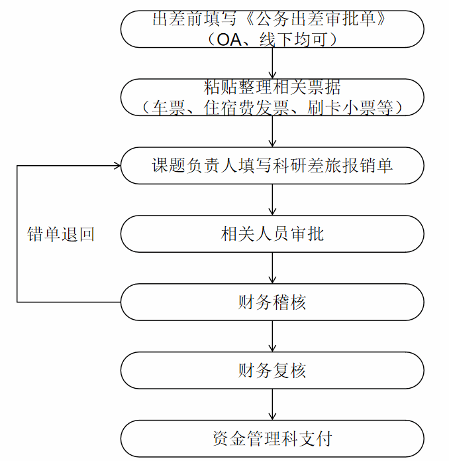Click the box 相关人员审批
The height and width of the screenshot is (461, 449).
pyautogui.click(x=272, y=233)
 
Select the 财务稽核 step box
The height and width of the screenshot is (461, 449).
pyautogui.click(x=272, y=302)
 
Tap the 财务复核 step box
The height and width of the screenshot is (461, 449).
pyautogui.click(x=272, y=370)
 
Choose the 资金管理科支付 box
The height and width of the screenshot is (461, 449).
pyautogui.click(x=272, y=438)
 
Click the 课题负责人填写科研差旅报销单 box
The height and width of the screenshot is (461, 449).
pyautogui.click(x=272, y=166)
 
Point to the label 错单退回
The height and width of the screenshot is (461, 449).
pyautogui.click(x=61, y=234)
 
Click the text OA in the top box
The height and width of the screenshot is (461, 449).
pyautogui.click(x=228, y=40)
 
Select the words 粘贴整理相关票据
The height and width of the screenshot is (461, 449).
pyautogui.click(x=272, y=88)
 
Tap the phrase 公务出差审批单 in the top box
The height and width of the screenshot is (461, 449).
pyautogui.click(x=316, y=19)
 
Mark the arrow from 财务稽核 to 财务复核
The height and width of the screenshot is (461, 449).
pyautogui.click(x=272, y=336)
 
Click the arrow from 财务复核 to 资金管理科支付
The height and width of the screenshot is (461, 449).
pyautogui.click(x=272, y=404)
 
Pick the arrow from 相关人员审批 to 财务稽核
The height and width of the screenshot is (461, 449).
pyautogui.click(x=272, y=268)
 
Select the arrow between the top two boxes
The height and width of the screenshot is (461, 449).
pyautogui.click(x=272, y=63)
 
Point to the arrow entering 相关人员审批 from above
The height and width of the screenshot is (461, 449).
pyautogui.click(x=272, y=200)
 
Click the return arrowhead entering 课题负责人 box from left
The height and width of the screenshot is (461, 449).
pyautogui.click(x=117, y=166)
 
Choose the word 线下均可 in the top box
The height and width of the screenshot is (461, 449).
pyautogui.click(x=293, y=40)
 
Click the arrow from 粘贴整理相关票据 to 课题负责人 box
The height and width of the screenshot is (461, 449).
pyautogui.click(x=272, y=131)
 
